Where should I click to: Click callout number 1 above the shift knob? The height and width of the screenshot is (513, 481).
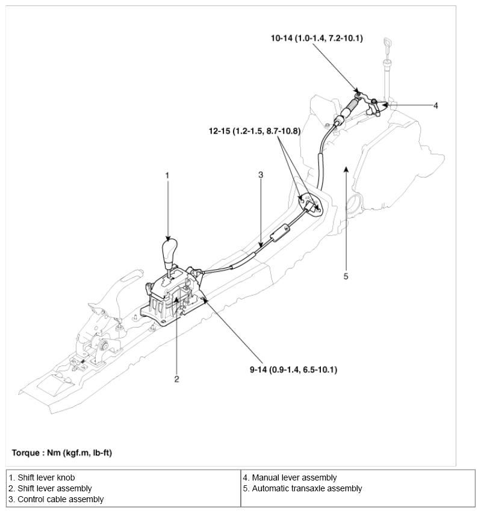168,175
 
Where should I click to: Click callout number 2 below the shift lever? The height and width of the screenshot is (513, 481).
176,379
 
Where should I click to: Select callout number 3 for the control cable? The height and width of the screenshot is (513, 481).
261,175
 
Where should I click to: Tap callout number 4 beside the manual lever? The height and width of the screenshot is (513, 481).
436,105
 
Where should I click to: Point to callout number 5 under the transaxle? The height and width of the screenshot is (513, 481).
346,276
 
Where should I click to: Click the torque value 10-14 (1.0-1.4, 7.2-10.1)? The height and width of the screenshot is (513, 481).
316,38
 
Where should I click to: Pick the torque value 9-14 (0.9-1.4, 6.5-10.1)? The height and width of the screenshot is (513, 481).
294,369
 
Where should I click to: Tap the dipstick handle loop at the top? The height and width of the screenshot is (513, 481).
387,44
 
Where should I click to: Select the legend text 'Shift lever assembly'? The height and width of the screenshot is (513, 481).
51,488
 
